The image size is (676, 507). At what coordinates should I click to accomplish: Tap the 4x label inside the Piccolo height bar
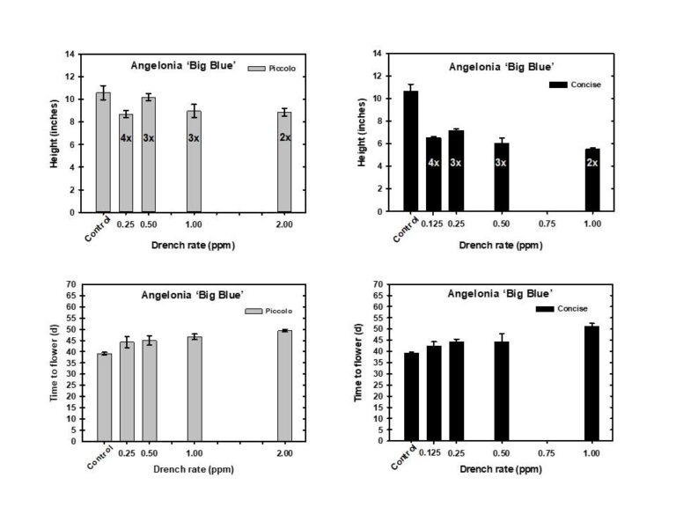pos(126,138)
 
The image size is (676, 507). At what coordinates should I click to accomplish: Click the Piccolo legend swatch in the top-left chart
pos(255,68)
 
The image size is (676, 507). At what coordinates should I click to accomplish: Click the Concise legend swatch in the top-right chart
pos(556,84)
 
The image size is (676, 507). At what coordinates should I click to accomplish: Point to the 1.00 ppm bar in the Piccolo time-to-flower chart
pos(195,388)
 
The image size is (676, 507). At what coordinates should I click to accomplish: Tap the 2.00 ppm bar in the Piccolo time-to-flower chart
pos(284,386)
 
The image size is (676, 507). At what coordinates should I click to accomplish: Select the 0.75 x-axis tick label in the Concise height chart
pos(547,224)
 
